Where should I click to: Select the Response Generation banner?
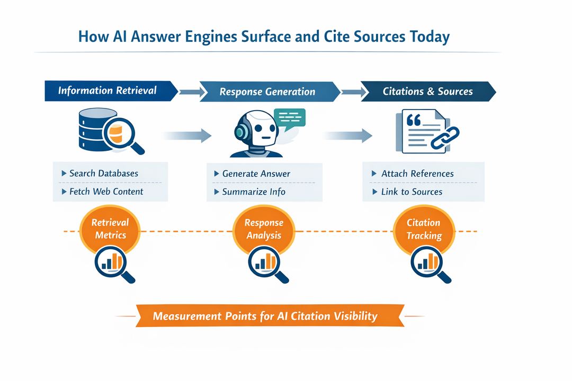tap(267, 92)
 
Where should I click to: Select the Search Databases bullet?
tap(104, 174)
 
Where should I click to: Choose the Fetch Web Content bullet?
tap(106, 192)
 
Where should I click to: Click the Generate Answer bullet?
tap(256, 174)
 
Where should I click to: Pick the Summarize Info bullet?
tap(253, 192)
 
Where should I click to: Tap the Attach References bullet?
tap(417, 174)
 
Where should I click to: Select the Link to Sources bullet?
tap(411, 192)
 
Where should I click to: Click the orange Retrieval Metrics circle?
tap(110, 229)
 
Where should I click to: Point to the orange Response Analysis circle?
tap(264, 229)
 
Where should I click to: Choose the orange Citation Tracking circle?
tap(424, 229)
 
